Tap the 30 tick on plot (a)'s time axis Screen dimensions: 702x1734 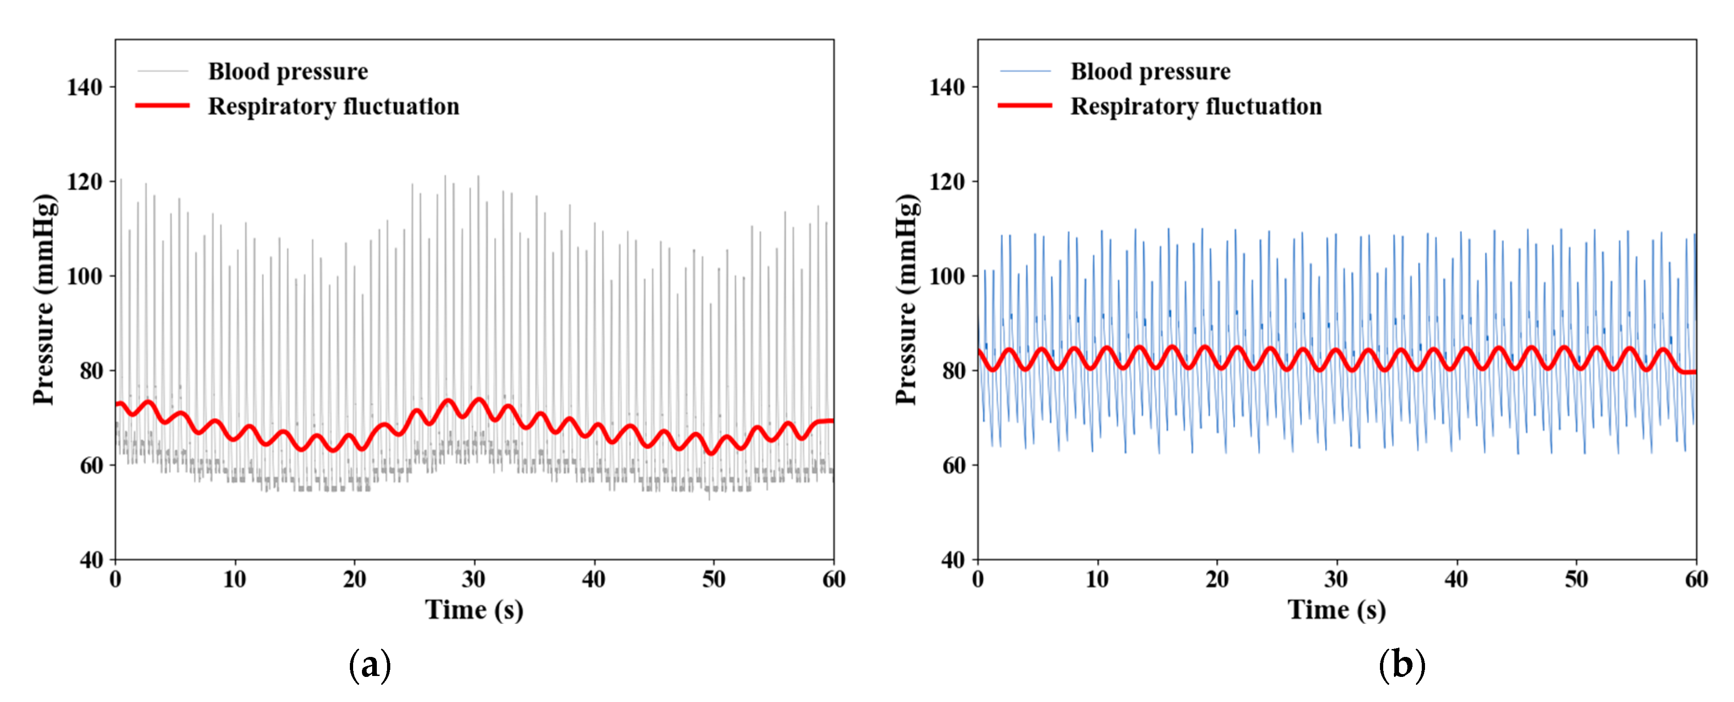(x=474, y=579)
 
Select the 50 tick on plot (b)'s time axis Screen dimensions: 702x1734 (x=1576, y=579)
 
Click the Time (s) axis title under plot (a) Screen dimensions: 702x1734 (x=474, y=610)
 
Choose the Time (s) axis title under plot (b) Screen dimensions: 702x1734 (x=1337, y=610)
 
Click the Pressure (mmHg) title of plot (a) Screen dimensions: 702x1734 (x=45, y=300)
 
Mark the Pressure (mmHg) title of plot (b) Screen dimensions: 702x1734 (x=906, y=300)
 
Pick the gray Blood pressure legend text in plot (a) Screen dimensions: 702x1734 (x=288, y=72)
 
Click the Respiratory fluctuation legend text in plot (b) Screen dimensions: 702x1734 (x=1196, y=106)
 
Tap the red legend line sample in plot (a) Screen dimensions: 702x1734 (x=162, y=105)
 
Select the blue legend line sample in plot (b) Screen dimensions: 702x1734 (x=1025, y=71)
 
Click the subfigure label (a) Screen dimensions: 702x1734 (x=369, y=666)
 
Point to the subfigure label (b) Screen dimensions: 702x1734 (x=1402, y=666)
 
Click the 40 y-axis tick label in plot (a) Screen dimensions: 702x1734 (x=91, y=560)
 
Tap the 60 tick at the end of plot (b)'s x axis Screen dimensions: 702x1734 (x=1695, y=579)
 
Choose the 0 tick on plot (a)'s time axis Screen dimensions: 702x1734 (x=116, y=579)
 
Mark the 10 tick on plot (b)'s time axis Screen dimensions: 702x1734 (x=1097, y=579)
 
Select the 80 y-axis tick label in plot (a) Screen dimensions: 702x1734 (x=91, y=371)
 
